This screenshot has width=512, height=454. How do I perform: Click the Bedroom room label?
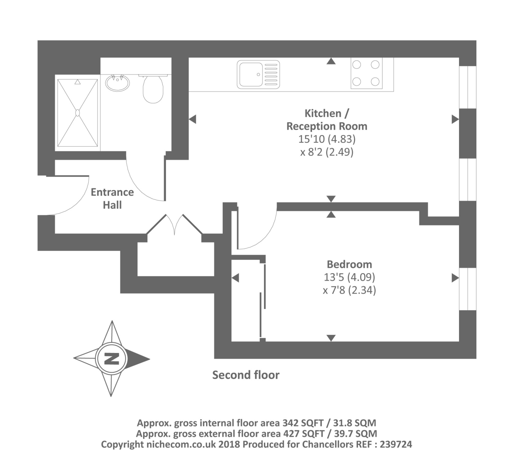(x=349, y=264)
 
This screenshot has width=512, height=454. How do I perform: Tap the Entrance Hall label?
(x=112, y=198)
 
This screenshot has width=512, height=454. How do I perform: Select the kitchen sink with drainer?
(x=258, y=75)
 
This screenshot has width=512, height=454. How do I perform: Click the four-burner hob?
(x=366, y=73)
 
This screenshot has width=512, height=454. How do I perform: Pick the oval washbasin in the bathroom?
(x=117, y=82)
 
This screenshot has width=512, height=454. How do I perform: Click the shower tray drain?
(x=78, y=112)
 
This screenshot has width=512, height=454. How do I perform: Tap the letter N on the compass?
(x=111, y=359)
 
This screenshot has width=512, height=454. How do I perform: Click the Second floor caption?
(x=246, y=375)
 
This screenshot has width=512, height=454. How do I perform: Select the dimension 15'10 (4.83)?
(x=327, y=139)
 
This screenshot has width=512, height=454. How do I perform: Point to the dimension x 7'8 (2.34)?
(x=349, y=290)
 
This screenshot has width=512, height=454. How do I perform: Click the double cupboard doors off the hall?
(x=175, y=225)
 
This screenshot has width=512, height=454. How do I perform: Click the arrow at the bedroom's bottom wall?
(x=331, y=338)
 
